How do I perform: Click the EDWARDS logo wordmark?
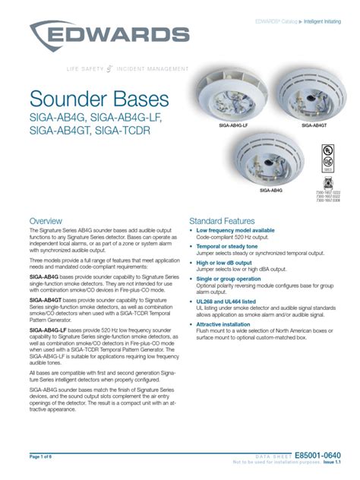pos(113,36)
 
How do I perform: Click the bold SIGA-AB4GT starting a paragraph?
pos(47,300)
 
